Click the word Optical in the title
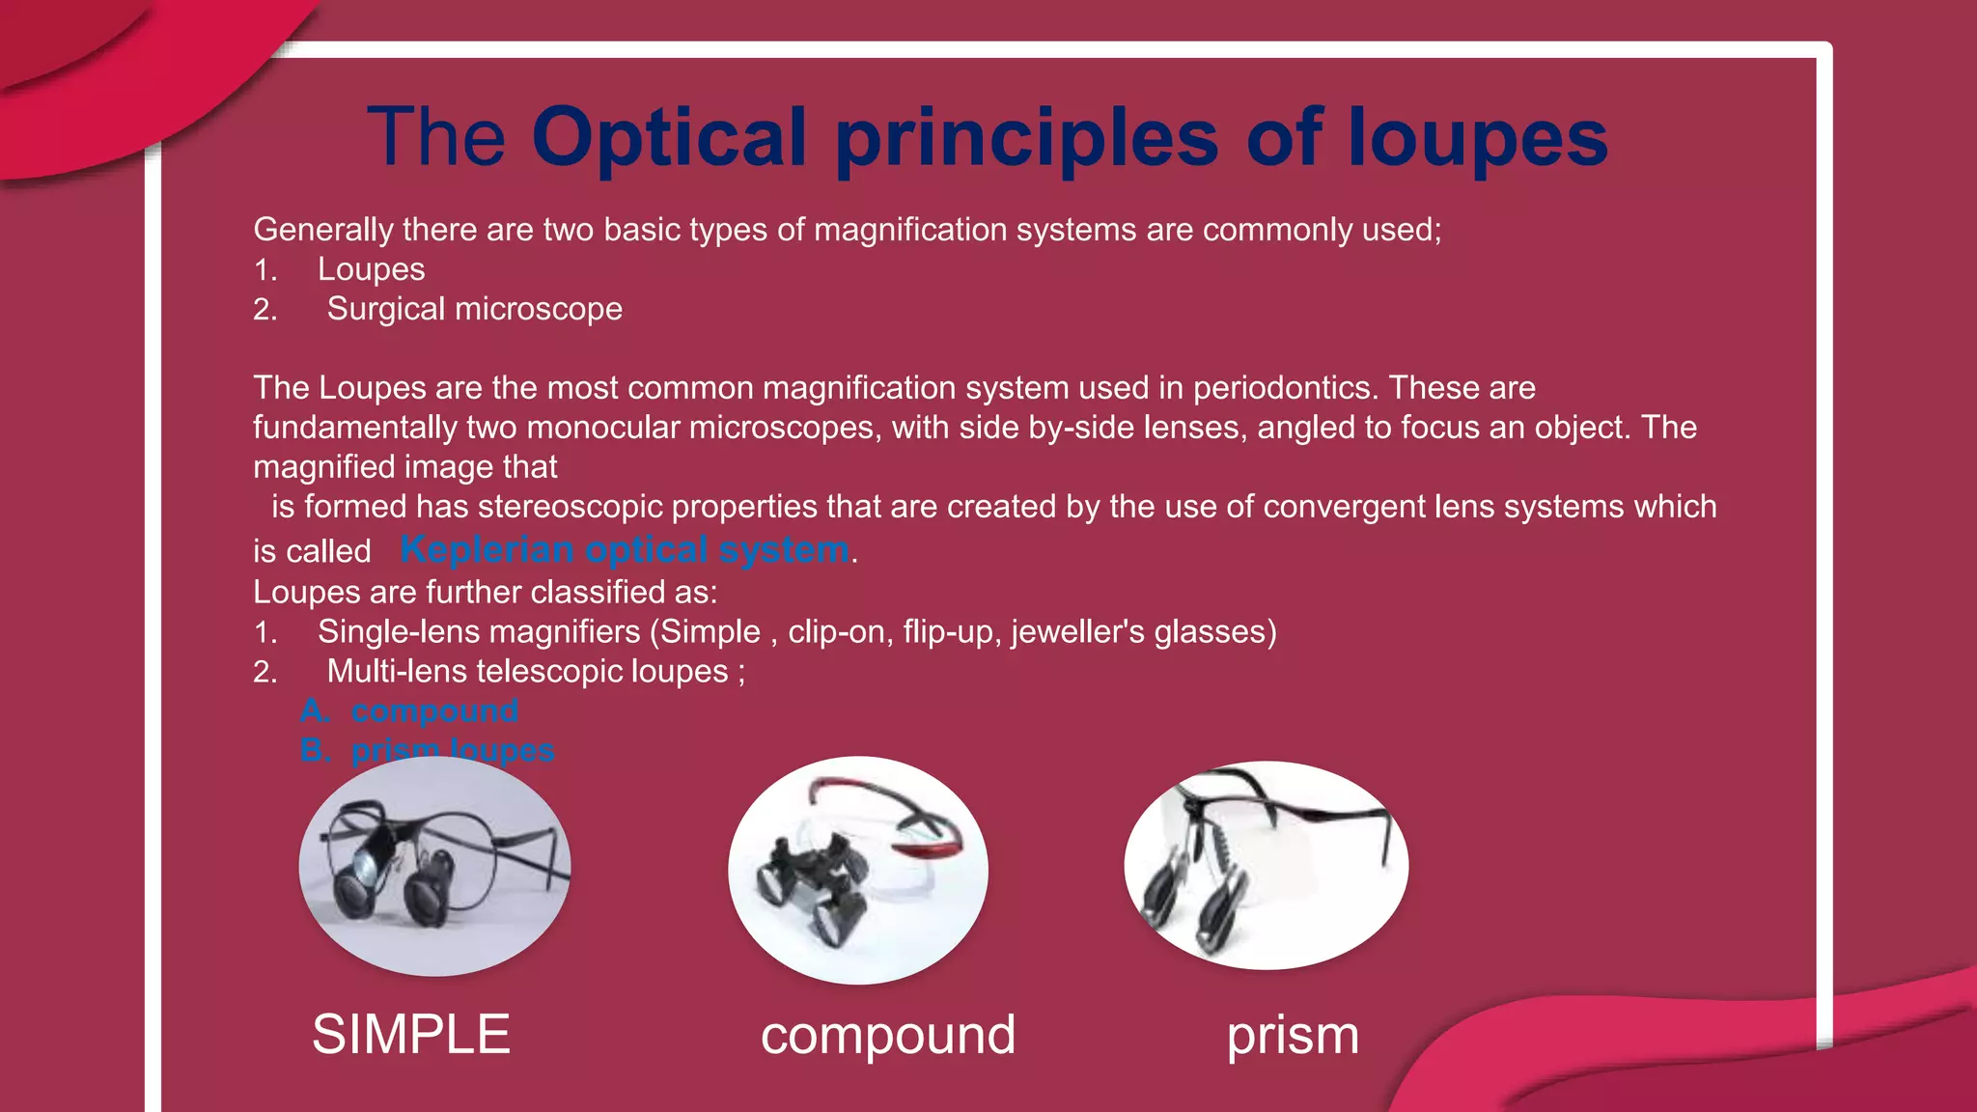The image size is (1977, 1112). pos(668,138)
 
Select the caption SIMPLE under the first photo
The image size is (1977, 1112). pos(410,1034)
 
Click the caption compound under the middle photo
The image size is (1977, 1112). pos(887,1035)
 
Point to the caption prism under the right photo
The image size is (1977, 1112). pos(1293,1035)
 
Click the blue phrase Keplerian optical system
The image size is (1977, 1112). pos(625,549)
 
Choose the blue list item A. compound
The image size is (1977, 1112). pos(409,710)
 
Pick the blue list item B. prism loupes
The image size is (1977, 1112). pos(427,750)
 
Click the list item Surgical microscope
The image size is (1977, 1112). pos(474,309)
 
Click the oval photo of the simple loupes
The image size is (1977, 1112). pos(434,866)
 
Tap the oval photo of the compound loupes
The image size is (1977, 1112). pos(857,870)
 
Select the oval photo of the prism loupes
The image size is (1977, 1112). pos(1266,866)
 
